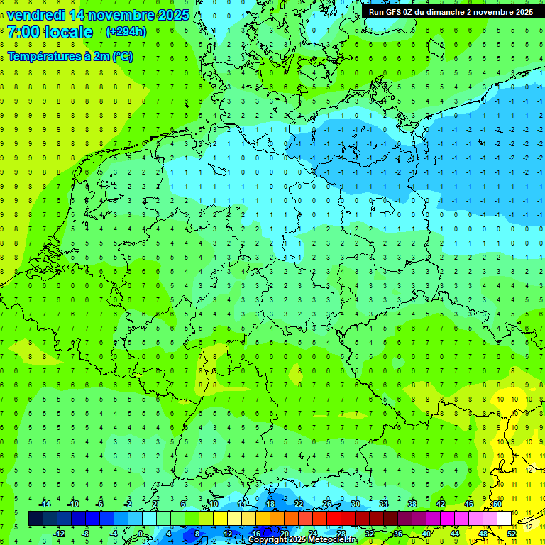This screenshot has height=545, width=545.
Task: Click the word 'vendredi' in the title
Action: coord(35,15)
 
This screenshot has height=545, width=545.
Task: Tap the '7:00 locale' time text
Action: coord(50,32)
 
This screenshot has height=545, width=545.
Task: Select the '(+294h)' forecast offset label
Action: coord(126,32)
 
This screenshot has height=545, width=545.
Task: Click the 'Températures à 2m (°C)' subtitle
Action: coord(70,56)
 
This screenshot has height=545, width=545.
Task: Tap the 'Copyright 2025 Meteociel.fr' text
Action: coord(302,540)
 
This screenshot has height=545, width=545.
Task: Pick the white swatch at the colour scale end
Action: coord(504,519)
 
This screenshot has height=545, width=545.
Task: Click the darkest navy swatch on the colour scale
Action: coord(35,519)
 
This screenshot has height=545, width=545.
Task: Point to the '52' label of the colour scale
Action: coord(512,534)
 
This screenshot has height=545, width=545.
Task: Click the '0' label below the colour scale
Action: coord(141,534)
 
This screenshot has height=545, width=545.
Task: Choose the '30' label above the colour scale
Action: coord(355,504)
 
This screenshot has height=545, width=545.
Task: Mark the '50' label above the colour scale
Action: coord(497,504)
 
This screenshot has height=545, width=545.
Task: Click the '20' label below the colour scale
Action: coord(284,534)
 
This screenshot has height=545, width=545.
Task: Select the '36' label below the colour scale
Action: coord(397,534)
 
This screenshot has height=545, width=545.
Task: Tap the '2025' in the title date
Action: coord(173,15)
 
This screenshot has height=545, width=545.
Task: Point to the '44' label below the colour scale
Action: coord(454,534)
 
